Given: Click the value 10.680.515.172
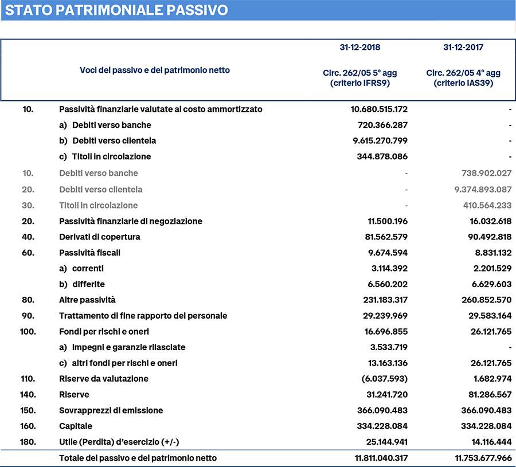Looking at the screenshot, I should (x=379, y=109).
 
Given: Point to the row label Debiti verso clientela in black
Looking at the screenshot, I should (x=114, y=140).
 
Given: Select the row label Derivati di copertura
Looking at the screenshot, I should (x=100, y=237).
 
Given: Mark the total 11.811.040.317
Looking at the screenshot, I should (x=379, y=458).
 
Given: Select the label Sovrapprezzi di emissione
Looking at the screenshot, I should (x=111, y=410).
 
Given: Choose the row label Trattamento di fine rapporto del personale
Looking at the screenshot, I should (x=143, y=316).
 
